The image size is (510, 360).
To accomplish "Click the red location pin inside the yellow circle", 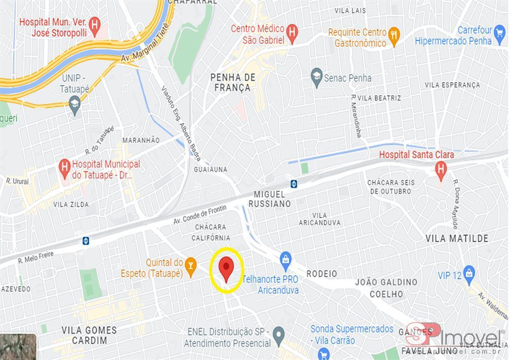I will [x=226, y=268].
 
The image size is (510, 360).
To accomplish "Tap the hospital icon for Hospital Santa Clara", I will [x=441, y=168].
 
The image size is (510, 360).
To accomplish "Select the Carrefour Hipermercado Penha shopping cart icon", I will [x=500, y=34].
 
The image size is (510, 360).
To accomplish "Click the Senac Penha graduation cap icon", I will [x=317, y=78].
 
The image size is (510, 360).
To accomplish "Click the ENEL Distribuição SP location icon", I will [x=278, y=335].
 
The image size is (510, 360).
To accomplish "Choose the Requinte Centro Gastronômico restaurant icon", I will [x=394, y=36].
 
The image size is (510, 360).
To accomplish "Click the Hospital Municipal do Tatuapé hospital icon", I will [x=65, y=166].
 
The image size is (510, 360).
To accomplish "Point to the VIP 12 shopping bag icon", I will [x=469, y=274].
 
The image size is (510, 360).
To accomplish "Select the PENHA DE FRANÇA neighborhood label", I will [x=233, y=82].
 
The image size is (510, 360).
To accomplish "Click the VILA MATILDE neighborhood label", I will [x=457, y=238].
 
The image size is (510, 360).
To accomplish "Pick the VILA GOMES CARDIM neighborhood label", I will [x=89, y=335].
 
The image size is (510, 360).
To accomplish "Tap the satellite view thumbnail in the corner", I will [x=18, y=347].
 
